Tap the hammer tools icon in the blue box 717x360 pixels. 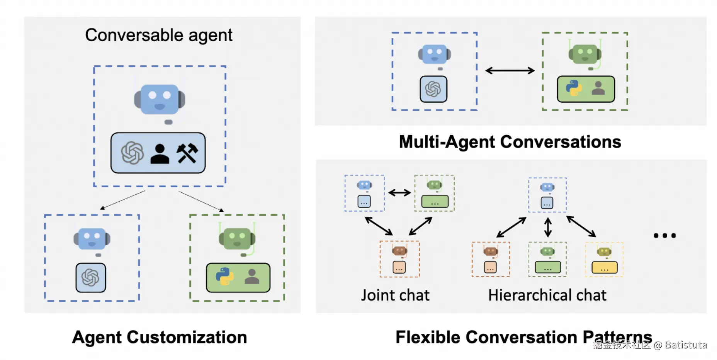[187, 153]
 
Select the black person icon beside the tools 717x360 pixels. [160, 154]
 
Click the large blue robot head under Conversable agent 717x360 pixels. [160, 100]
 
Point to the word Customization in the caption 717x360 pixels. [187, 337]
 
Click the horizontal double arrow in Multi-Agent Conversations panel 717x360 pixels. [510, 71]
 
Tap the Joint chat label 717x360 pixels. [395, 295]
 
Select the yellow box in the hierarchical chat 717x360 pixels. [605, 267]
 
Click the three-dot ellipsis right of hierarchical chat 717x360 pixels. [664, 235]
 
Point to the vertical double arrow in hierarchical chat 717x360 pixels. [548, 227]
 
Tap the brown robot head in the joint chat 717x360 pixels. [399, 251]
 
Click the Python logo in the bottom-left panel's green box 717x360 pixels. [224, 277]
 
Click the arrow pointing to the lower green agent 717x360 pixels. [201, 201]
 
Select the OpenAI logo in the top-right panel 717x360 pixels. [433, 89]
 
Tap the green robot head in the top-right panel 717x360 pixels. [584, 54]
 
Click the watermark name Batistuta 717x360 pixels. [686, 345]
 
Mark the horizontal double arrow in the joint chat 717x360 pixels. [399, 192]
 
